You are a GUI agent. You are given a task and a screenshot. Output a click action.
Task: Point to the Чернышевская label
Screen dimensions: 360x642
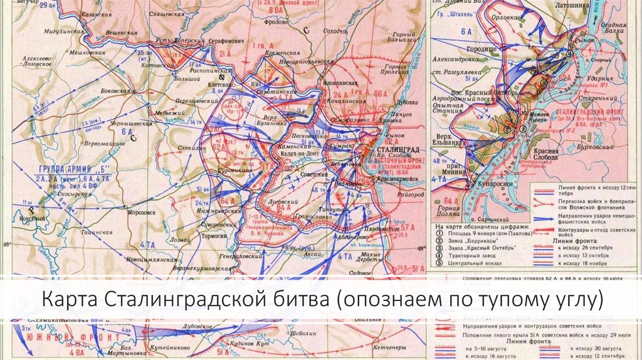(132, 124)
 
